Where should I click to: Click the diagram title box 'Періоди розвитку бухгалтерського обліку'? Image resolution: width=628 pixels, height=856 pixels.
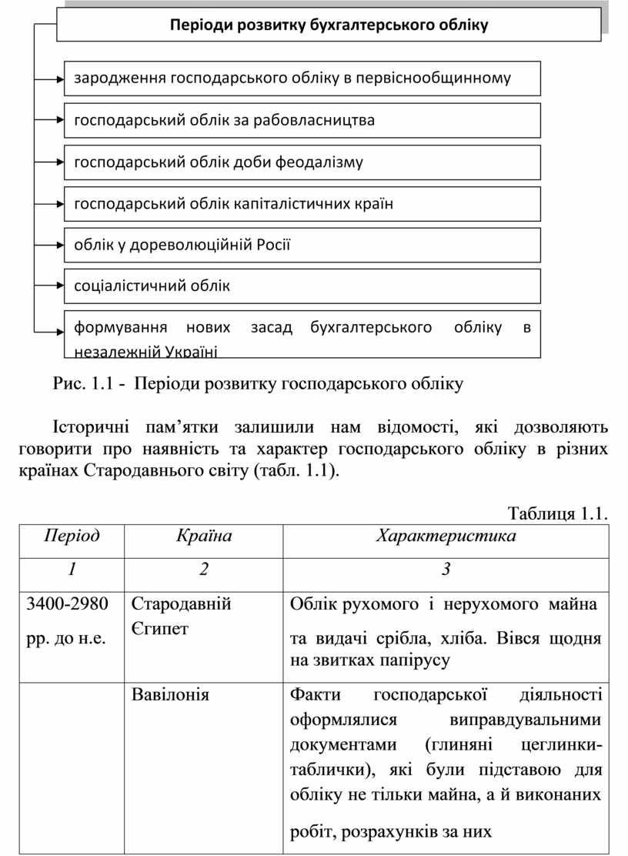click(329, 25)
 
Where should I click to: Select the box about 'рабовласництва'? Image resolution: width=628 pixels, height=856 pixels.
click(302, 120)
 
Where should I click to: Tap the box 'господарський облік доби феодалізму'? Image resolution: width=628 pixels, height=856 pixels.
click(302, 162)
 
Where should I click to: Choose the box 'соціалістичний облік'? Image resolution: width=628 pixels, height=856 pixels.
click(302, 286)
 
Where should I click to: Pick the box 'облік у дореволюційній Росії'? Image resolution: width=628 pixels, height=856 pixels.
click(302, 245)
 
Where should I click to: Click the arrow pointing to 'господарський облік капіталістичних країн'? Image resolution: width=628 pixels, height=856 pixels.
click(59, 204)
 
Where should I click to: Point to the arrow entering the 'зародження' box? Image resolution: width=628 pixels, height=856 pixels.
click(59, 78)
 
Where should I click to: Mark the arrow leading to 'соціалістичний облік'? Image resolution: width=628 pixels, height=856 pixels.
click(59, 286)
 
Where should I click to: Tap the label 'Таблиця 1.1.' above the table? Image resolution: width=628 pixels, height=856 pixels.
click(558, 513)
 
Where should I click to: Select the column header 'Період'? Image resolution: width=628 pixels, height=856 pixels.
click(72, 536)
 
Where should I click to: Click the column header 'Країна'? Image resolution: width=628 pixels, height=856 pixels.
click(204, 536)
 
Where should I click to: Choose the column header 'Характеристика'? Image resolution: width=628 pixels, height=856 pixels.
click(446, 536)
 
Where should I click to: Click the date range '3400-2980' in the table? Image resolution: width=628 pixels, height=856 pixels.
click(68, 604)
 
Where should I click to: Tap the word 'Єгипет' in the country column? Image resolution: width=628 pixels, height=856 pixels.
click(159, 628)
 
